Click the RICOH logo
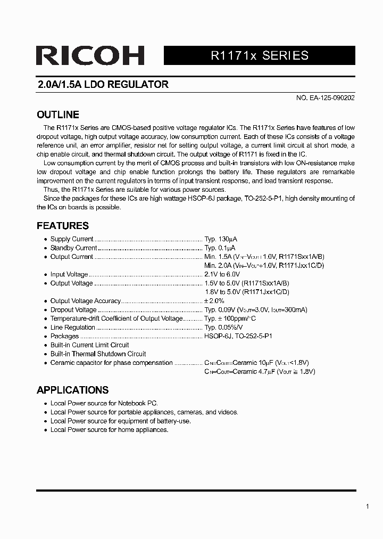tap(90, 55)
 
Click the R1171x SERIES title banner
tap(259, 55)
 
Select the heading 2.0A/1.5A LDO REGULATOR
tap(103, 85)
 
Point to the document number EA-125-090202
tap(325, 98)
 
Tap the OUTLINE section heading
tap(57, 115)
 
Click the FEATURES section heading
tap(62, 225)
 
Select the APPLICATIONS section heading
tap(72, 390)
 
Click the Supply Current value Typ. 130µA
tap(220, 239)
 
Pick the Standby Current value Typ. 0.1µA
tap(220, 248)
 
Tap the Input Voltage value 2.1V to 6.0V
tap(226, 274)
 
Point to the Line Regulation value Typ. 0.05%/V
tap(224, 328)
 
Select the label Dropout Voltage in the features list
tap(73, 310)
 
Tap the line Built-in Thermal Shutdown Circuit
tap(98, 354)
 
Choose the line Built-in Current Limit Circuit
tap(89, 345)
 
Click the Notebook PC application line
tap(104, 404)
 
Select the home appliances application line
tap(109, 430)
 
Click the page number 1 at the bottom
tap(367, 507)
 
